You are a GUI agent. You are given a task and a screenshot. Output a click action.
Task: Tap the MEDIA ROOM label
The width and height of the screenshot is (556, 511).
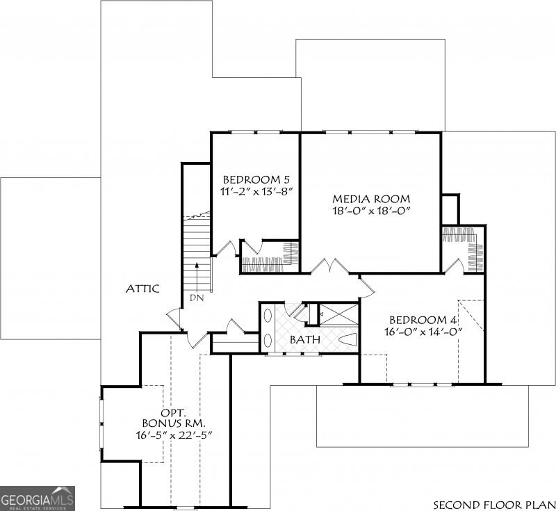pos(371,199)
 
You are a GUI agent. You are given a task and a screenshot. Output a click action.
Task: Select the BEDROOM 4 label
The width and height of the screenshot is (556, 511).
pos(423,320)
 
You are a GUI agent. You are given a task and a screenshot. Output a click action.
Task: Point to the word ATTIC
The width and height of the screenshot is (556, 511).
pos(142,289)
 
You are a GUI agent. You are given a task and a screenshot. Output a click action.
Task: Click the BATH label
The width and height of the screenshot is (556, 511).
pos(305,339)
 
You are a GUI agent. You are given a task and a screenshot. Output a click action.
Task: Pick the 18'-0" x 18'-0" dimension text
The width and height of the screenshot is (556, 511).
pos(371,211)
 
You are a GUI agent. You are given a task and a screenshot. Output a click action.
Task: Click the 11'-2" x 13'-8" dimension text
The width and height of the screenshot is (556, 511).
pos(257,191)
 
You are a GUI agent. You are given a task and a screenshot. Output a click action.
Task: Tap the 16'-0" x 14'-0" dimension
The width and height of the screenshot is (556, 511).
pos(424,332)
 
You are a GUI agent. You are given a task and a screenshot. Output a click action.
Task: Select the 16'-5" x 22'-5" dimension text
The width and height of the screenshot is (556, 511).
pos(174,435)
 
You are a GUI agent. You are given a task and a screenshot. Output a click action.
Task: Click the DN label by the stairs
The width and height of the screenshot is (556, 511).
pos(197,298)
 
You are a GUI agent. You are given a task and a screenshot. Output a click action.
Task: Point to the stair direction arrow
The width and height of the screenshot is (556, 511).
pos(197,277)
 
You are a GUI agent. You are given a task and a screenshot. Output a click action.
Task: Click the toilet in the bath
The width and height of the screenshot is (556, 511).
pos(348,339)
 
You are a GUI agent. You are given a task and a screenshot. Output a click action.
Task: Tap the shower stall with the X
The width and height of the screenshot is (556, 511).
pos(338,314)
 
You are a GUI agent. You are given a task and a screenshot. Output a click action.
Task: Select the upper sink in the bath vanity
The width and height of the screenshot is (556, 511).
pos(268,316)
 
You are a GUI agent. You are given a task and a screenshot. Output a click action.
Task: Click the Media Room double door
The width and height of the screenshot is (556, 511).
pos(331,266)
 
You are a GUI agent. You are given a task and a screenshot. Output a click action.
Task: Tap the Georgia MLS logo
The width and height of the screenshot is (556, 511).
pos(38,498)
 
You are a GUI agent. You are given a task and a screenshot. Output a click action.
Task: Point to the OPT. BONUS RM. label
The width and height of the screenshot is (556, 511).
pos(174,418)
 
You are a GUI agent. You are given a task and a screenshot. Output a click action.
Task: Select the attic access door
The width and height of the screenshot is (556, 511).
pos(174,320)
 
